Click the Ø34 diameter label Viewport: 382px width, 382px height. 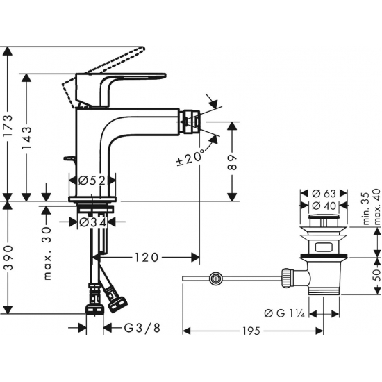[x=92, y=222]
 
